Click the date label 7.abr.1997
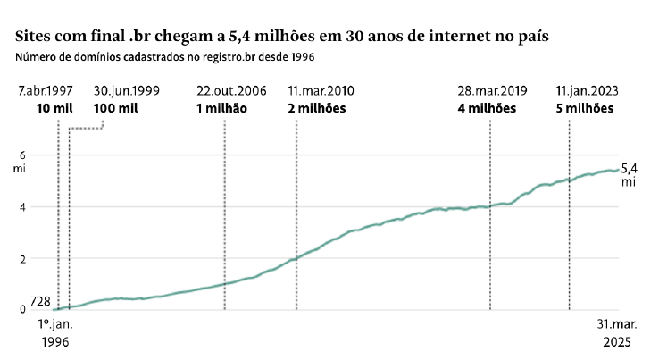[x=45, y=91]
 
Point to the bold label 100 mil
[x=116, y=108]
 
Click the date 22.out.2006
[x=231, y=91]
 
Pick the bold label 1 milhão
[x=221, y=108]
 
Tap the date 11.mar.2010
[x=321, y=91]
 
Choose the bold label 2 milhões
[x=316, y=108]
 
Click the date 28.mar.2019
[x=493, y=91]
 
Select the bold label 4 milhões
[x=488, y=108]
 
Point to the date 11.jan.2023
[x=587, y=91]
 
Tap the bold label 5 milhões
[x=585, y=108]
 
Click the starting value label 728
[x=28, y=303]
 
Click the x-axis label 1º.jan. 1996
[x=55, y=333]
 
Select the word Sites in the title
[x=34, y=37]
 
